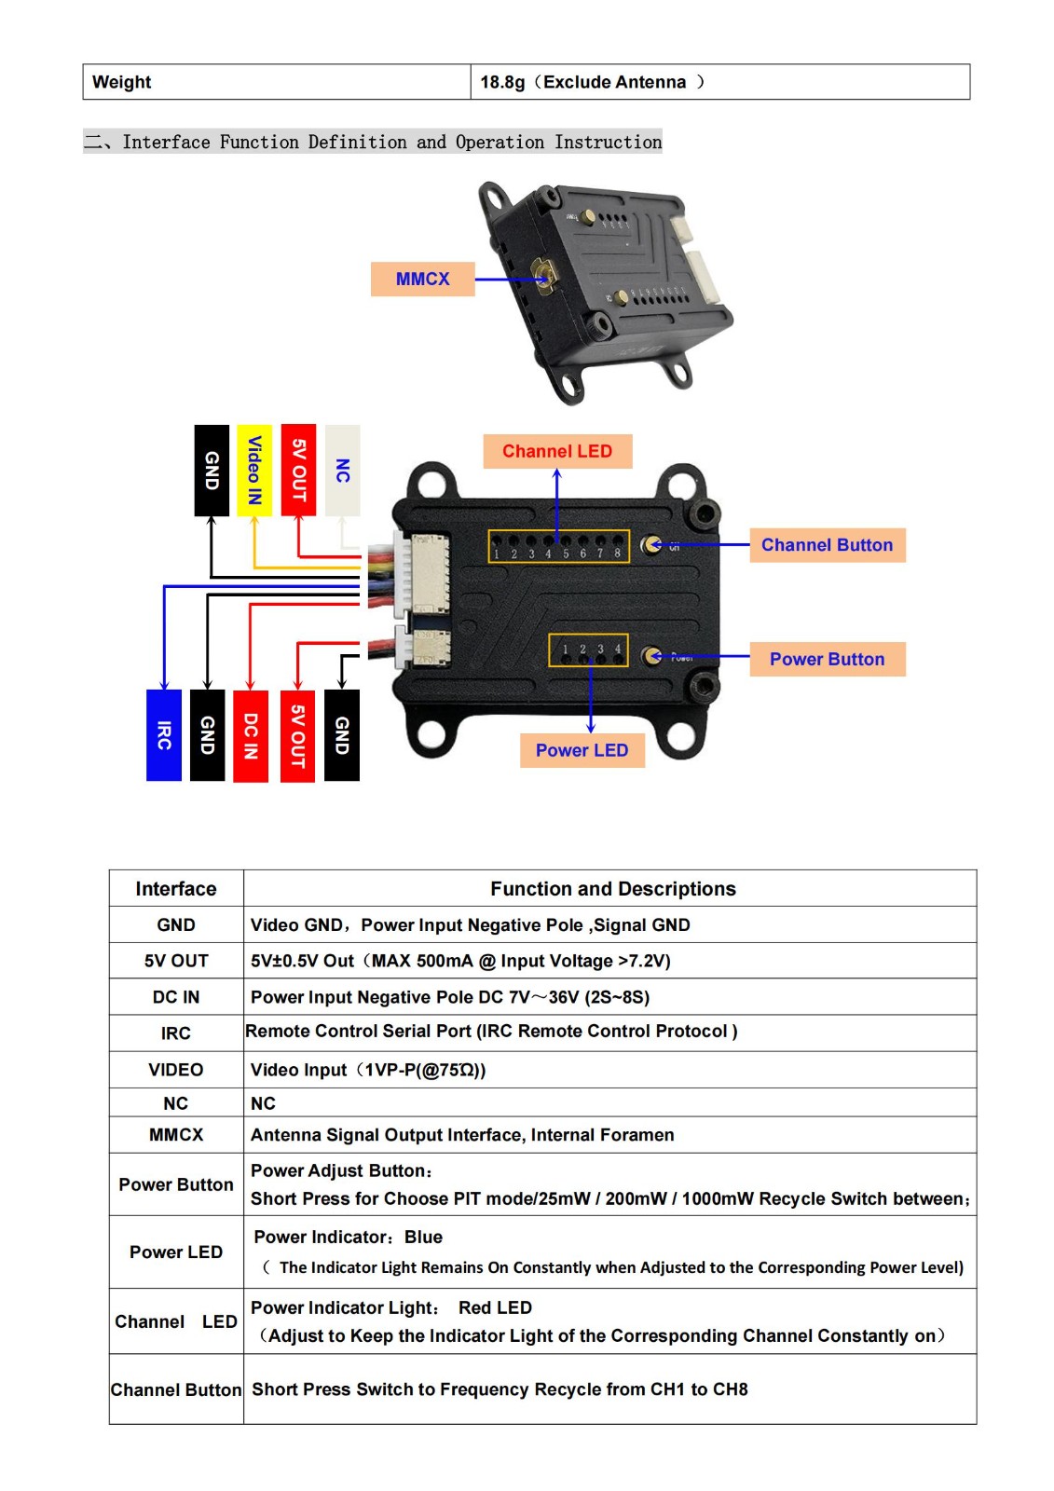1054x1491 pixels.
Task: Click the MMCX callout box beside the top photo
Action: click(422, 279)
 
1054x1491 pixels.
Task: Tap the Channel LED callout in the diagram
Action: click(557, 451)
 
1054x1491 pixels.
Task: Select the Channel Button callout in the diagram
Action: click(827, 545)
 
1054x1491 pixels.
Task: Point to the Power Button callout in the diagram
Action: click(827, 659)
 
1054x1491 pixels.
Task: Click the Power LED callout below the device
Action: click(582, 750)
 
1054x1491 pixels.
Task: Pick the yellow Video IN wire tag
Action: click(254, 470)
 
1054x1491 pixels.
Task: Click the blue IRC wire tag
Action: click(164, 735)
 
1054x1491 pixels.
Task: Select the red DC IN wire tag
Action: click(251, 735)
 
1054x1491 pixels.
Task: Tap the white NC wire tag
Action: click(343, 470)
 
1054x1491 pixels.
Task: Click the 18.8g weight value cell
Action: click(592, 82)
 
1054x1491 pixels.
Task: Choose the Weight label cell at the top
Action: click(122, 82)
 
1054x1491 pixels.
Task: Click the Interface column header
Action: click(176, 889)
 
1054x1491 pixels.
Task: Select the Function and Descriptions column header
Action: click(612, 889)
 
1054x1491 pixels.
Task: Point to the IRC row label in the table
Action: click(176, 1033)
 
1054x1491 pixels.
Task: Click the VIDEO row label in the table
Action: click(176, 1070)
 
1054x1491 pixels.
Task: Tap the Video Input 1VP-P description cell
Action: click(368, 1070)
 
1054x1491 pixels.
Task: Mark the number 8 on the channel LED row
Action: click(617, 554)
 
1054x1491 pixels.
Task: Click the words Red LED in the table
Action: click(495, 1307)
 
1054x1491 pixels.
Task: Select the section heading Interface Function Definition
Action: click(391, 142)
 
